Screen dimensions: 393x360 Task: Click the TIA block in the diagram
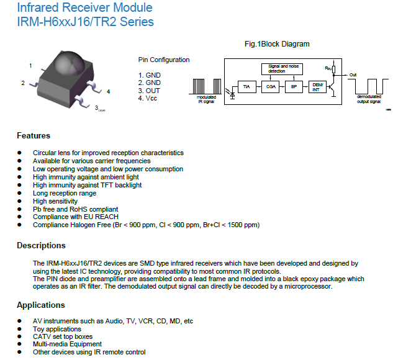[x=247, y=87]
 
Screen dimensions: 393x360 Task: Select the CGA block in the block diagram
[x=270, y=87]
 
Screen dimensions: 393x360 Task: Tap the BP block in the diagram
[x=294, y=87]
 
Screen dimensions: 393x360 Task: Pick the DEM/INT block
[x=317, y=87]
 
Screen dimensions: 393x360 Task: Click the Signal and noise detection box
[x=282, y=69]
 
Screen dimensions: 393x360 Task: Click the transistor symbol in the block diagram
[x=332, y=87]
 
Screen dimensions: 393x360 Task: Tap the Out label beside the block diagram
[x=353, y=75]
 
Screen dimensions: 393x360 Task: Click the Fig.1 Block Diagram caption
[x=277, y=44]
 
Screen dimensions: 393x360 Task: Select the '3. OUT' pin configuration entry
[x=149, y=91]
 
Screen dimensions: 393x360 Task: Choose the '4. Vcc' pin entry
[x=148, y=98]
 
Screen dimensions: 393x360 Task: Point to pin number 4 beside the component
[x=108, y=92]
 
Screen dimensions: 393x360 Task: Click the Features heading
[x=34, y=135]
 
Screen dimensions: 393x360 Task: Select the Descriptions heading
[x=41, y=246]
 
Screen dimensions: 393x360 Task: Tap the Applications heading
[x=41, y=305]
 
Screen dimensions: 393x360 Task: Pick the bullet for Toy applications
[x=19, y=329]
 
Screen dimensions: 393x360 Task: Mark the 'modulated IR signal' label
[x=206, y=99]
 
